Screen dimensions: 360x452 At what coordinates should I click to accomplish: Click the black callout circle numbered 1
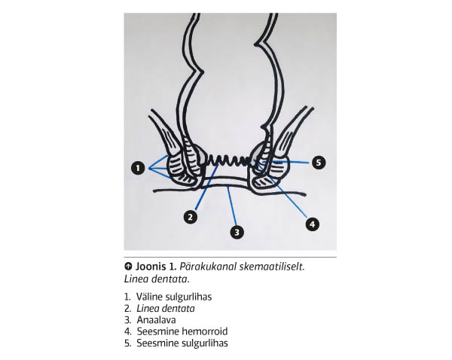tap(137, 169)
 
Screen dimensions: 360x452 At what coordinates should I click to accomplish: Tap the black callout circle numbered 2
tap(190, 217)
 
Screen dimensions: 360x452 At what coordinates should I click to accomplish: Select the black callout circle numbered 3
tap(237, 232)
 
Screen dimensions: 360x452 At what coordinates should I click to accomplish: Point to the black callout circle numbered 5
tap(318, 163)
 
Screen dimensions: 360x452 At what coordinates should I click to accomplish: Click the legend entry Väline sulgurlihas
tap(174, 297)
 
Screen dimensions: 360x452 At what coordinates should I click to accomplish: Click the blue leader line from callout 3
tap(232, 209)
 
